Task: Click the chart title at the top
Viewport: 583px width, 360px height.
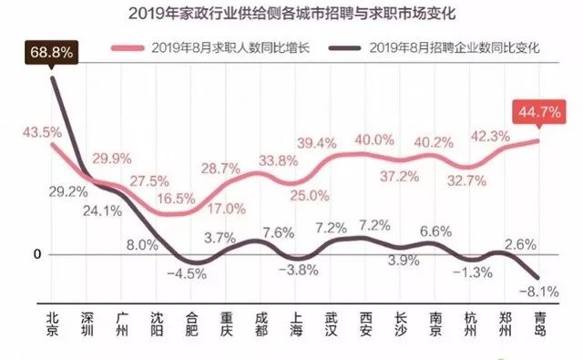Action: [291, 15]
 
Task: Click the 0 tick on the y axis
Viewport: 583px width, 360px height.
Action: [36, 254]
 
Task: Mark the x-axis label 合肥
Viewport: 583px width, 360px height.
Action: [191, 325]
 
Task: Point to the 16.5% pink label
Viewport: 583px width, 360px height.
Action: [176, 197]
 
